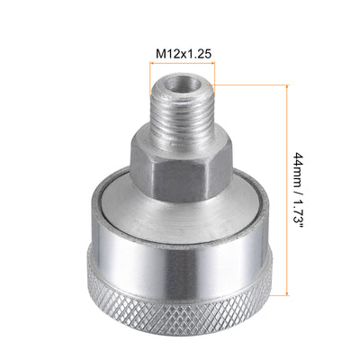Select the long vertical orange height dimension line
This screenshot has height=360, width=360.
pyautogui.click(x=288, y=189)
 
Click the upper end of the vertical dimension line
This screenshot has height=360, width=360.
pyautogui.click(x=288, y=87)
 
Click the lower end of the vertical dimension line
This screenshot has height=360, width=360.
pyautogui.click(x=288, y=292)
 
